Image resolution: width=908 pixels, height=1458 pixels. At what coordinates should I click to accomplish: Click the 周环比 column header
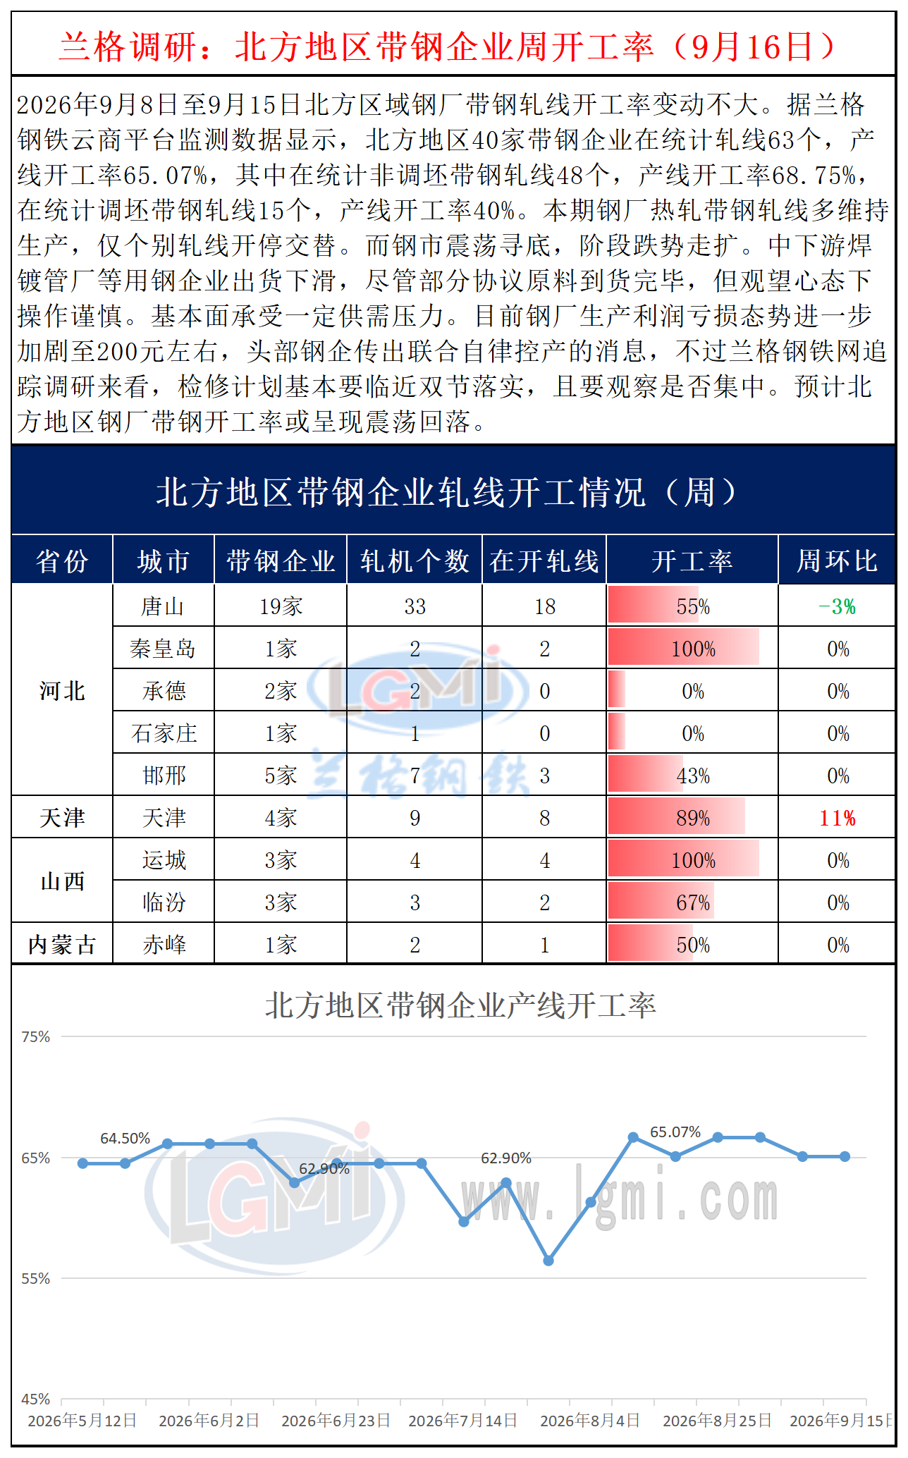click(x=837, y=561)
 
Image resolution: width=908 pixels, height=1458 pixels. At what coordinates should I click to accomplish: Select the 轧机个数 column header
click(x=415, y=561)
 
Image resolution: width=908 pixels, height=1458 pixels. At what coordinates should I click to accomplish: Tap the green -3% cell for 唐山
click(x=837, y=606)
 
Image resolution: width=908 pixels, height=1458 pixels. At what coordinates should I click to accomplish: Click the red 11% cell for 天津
click(x=837, y=818)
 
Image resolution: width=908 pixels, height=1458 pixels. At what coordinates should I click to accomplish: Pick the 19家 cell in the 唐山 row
click(x=281, y=606)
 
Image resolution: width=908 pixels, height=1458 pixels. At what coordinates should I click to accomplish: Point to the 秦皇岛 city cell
click(x=163, y=649)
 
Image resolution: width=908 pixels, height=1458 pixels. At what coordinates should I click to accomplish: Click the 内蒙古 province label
click(x=62, y=945)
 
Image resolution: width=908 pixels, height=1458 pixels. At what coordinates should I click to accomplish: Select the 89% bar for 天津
click(x=677, y=818)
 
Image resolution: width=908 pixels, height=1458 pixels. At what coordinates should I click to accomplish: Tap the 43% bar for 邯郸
click(x=645, y=776)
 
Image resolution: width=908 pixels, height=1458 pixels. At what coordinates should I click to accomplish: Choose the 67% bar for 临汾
click(x=661, y=902)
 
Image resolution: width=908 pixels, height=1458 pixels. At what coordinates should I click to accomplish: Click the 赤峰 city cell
click(x=164, y=945)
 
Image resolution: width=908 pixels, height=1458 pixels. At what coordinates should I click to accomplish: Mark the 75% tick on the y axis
click(x=35, y=1036)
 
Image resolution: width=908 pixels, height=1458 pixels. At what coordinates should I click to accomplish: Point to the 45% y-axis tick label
click(x=35, y=1399)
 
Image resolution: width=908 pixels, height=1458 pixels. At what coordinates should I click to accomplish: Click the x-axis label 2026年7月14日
click(x=463, y=1420)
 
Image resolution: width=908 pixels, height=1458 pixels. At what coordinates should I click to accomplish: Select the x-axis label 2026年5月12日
click(x=82, y=1420)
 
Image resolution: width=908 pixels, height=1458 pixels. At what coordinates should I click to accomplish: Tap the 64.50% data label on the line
click(x=125, y=1139)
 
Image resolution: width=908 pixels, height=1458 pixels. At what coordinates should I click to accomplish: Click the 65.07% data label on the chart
click(x=675, y=1132)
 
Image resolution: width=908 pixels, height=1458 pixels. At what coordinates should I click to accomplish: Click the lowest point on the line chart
click(x=548, y=1261)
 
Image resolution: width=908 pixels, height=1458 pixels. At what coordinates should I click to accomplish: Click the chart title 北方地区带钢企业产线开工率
click(x=460, y=1005)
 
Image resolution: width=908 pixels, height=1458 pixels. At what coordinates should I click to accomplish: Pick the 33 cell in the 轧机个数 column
click(x=415, y=606)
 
